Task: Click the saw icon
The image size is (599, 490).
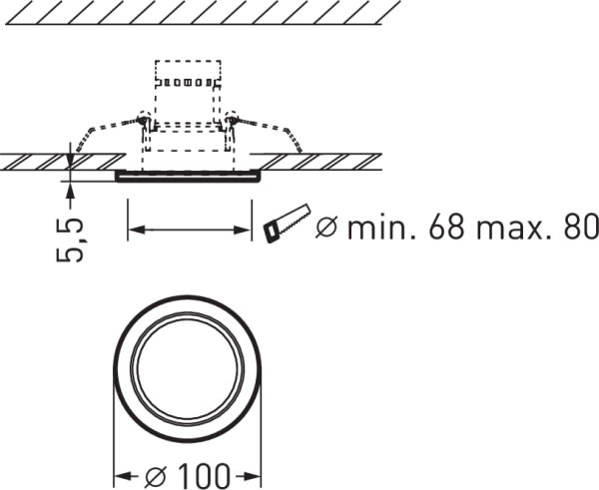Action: pyautogui.click(x=287, y=224)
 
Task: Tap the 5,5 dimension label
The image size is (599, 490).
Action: pyautogui.click(x=70, y=240)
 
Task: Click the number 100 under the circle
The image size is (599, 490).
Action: pyautogui.click(x=204, y=476)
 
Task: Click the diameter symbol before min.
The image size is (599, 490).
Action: pyautogui.click(x=327, y=228)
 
